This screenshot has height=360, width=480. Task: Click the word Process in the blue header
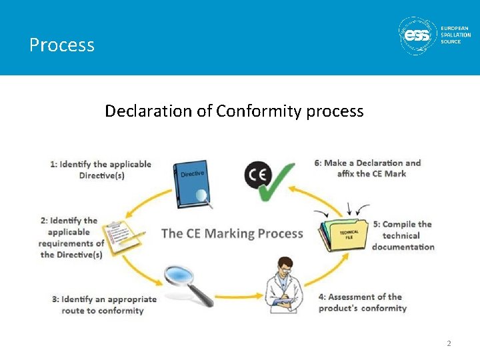pos(62,45)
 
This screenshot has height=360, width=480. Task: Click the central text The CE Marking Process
pos(232,233)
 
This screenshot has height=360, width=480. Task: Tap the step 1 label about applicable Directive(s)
pos(101,169)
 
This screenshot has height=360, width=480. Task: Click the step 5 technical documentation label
pos(403,235)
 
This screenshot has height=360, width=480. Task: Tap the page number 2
pos(449,343)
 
